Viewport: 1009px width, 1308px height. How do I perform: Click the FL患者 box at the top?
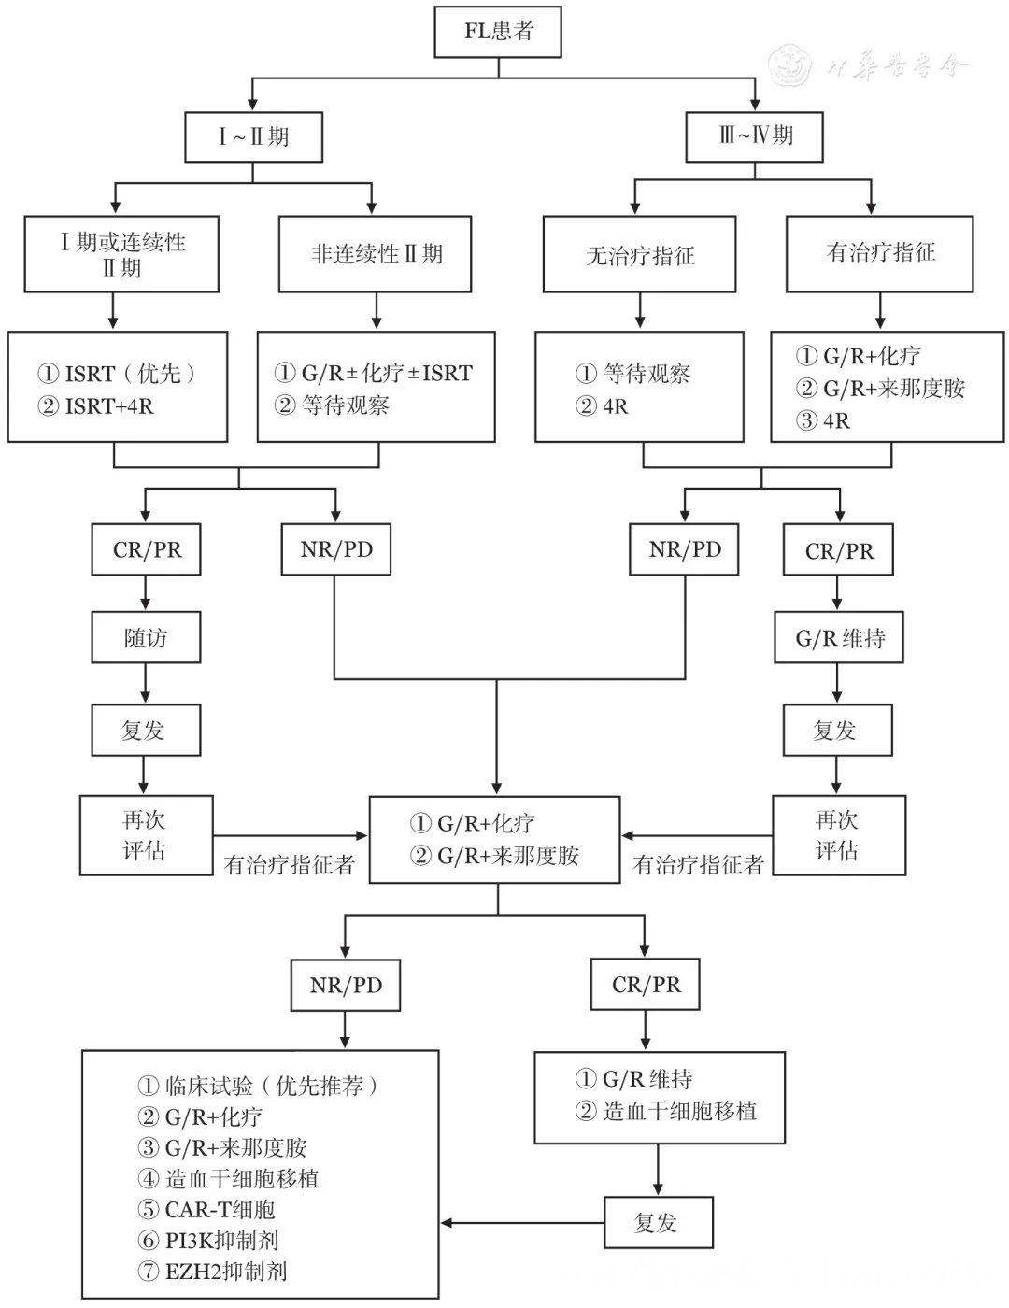point(498,32)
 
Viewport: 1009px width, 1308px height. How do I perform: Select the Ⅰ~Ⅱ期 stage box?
point(253,137)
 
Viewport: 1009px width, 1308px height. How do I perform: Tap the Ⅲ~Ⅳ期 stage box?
point(755,135)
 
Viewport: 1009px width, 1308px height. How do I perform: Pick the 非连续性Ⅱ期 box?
point(376,254)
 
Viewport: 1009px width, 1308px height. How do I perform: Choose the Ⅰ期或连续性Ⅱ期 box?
point(121,254)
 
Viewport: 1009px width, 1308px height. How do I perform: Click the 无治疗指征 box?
point(640,255)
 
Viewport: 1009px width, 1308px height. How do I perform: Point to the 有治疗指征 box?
point(879,253)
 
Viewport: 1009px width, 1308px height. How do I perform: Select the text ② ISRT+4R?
point(95,406)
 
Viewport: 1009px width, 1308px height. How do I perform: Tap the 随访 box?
point(146,638)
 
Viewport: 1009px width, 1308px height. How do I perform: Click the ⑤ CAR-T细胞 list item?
point(206,1210)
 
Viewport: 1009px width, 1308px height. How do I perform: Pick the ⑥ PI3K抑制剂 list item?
point(208,1241)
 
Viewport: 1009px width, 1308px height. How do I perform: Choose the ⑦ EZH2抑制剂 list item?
point(212,1272)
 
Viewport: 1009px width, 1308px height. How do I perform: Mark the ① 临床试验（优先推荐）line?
point(258,1086)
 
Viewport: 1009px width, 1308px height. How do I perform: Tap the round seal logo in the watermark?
point(790,65)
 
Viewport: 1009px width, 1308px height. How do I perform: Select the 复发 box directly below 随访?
point(146,731)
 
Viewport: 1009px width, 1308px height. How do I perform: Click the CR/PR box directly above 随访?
point(147,550)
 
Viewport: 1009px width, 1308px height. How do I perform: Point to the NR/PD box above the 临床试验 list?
point(346,986)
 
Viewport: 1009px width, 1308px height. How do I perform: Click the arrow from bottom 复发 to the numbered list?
point(523,1223)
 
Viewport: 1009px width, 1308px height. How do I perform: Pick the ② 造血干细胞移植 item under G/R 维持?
point(667,1112)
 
